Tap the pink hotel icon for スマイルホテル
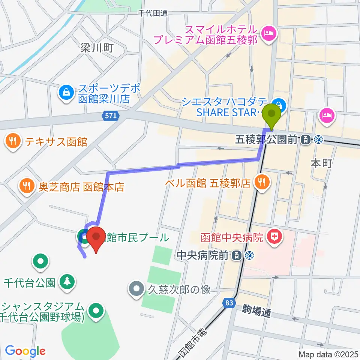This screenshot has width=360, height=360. pos(268,34)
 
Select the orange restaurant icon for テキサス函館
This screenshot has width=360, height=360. pos(12,141)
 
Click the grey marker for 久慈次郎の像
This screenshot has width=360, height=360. pos(136,289)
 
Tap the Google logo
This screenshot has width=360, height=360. pos(25,351)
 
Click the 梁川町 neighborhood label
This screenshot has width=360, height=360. pos(96,48)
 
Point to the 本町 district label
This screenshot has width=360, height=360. pos(321,163)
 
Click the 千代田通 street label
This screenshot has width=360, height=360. pos(153,13)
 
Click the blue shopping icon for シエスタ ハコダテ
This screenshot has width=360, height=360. pos(279,103)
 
